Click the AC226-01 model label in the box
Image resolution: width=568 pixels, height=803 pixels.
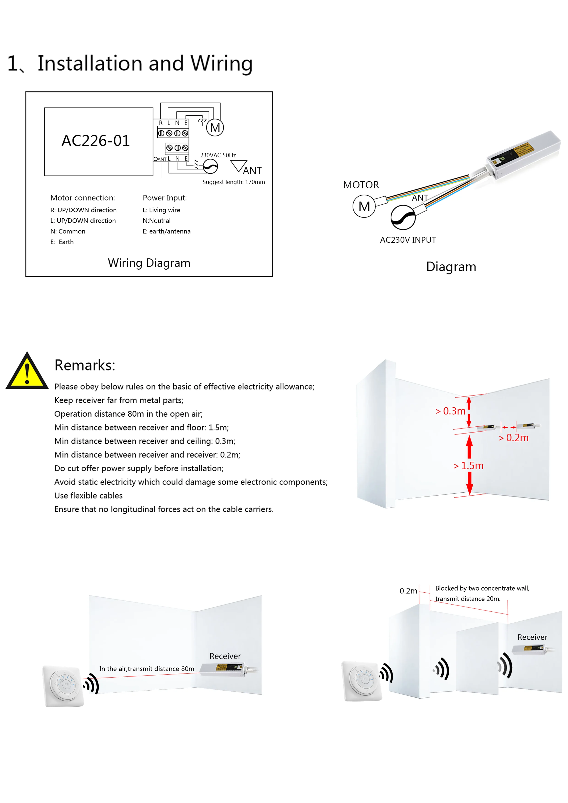pos(96,141)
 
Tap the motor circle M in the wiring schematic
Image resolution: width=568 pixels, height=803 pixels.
pos(215,128)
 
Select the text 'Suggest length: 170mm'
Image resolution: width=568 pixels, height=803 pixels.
pos(233,182)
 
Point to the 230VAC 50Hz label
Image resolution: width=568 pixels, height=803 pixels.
pos(218,155)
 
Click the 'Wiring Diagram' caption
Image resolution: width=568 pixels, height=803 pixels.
pos(149,263)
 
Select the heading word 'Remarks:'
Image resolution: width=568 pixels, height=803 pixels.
pos(85,365)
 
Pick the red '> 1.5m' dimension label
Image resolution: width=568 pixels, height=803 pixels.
pos(468,466)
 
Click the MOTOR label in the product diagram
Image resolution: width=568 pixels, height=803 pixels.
pos(361,185)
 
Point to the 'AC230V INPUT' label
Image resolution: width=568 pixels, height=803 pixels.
pos(408,240)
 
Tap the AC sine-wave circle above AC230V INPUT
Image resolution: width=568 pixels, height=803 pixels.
pos(403,217)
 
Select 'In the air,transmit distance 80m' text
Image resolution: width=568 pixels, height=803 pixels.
pos(147,669)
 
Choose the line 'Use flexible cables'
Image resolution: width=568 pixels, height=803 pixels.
pos(88,496)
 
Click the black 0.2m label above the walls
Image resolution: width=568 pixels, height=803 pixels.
pos(408,591)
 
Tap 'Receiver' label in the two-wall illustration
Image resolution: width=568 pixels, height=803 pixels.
pos(532,637)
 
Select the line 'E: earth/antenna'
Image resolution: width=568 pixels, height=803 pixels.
pos(166,231)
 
